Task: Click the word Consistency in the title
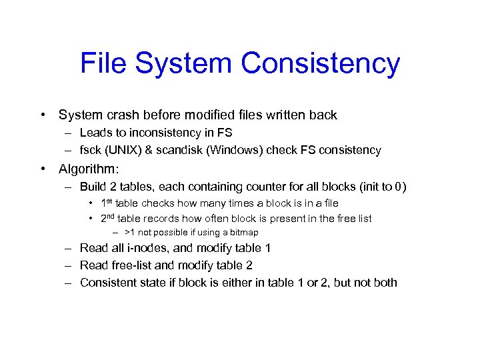tap(321, 64)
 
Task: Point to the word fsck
tap(91, 150)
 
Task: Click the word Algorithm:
tap(89, 169)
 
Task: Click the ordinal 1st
tap(107, 203)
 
